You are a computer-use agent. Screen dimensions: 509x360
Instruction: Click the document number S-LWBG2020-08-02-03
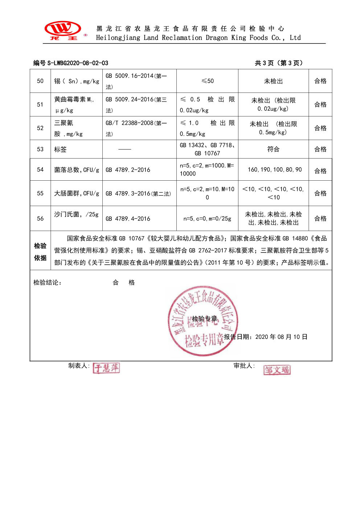pos(78,63)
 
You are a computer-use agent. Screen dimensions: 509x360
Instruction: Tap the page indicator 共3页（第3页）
pos(278,63)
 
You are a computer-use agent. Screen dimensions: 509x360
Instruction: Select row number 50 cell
pos(40,81)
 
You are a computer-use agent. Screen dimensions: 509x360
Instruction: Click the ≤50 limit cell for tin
pos(207,81)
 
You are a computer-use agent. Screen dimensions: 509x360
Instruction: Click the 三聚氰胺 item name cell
pos(76,128)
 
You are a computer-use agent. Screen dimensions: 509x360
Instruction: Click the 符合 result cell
pos(273,149)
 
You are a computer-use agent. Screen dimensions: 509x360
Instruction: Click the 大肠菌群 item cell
pos(76,193)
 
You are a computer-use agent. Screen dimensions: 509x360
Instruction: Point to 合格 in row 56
pos(320,218)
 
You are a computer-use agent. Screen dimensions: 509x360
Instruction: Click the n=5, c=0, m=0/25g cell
pos(207,218)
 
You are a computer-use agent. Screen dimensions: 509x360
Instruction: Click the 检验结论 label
pos(48,283)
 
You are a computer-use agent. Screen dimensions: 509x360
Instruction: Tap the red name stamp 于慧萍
pos(106,368)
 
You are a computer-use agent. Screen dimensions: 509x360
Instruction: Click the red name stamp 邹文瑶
pos(277,370)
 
